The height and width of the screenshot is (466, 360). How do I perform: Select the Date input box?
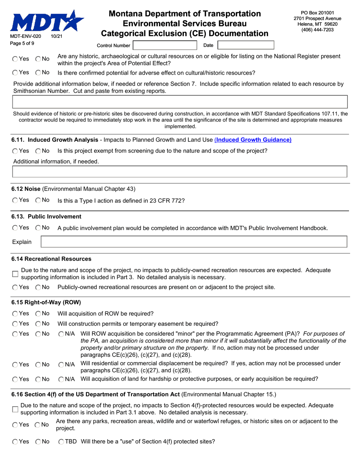pyautogui.click(x=246, y=45)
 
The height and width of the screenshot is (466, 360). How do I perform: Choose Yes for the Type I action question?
pyautogui.click(x=15, y=200)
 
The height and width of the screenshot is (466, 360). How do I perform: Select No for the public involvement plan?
pyautogui.click(x=38, y=228)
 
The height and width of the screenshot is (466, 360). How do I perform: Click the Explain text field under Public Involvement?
pyautogui.click(x=194, y=242)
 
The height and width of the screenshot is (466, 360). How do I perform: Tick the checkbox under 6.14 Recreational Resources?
pyautogui.click(x=15, y=274)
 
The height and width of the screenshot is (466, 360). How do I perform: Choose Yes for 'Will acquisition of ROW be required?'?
pyautogui.click(x=15, y=314)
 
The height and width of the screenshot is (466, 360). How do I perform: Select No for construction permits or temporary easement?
pyautogui.click(x=38, y=324)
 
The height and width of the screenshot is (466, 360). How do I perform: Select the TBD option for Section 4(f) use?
pyautogui.click(x=61, y=442)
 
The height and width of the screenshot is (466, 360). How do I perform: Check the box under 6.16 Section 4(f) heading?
pyautogui.click(x=15, y=409)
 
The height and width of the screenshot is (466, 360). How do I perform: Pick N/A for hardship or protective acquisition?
pyautogui.click(x=61, y=379)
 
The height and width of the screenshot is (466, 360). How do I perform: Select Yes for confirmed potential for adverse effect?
pyautogui.click(x=15, y=72)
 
